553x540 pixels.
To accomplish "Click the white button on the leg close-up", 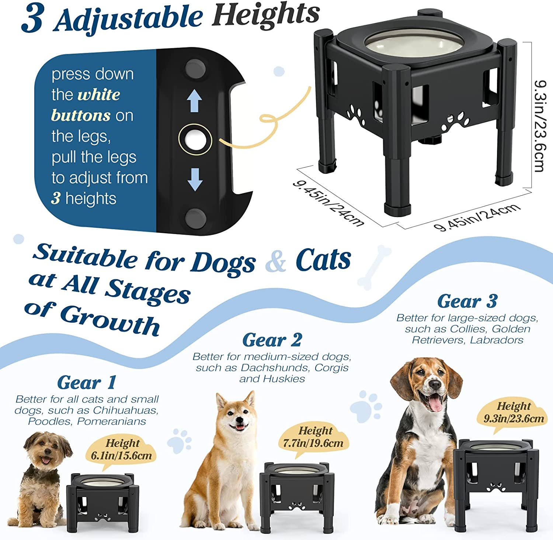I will [195, 139].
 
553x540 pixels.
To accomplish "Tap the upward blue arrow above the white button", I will [194, 100].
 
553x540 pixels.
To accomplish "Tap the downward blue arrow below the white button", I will [195, 179].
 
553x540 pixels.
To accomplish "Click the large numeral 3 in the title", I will [33, 18].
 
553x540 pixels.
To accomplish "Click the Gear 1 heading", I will [87, 382].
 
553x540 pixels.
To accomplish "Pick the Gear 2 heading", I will [272, 340].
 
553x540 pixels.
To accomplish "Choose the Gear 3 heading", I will [467, 301].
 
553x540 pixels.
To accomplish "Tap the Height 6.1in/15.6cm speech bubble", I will [122, 450].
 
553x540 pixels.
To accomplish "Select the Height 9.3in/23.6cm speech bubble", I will [514, 413].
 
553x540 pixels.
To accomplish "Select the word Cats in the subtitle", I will [323, 260].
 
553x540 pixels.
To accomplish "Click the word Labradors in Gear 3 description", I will [496, 340].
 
